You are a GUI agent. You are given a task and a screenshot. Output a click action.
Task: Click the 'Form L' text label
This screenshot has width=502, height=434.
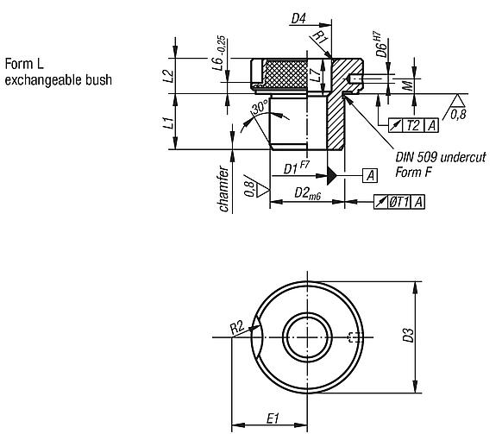tap(20, 66)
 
